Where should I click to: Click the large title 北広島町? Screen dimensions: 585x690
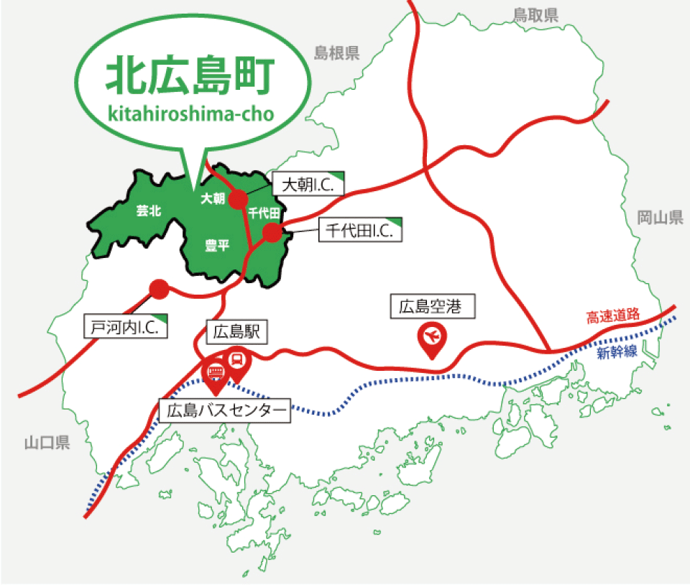[190, 76]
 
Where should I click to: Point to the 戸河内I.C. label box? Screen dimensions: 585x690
[125, 326]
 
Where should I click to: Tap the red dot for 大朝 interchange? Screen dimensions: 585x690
[238, 199]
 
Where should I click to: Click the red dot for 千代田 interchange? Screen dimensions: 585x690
[272, 233]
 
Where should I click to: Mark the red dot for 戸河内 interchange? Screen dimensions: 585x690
[159, 289]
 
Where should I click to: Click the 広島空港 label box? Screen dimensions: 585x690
[433, 308]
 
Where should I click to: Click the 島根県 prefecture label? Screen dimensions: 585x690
[336, 52]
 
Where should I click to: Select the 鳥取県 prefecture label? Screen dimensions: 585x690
[535, 16]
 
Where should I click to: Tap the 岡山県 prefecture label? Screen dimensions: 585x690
[660, 218]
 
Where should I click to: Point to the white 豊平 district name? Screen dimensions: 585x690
[217, 246]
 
